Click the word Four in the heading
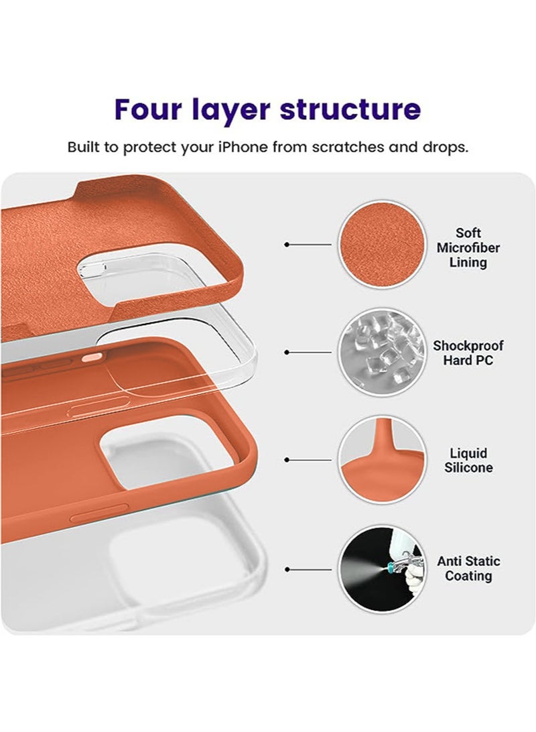[148, 109]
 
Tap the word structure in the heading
[350, 109]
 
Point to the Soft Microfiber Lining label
[468, 247]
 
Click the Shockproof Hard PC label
[468, 353]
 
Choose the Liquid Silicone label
[468, 461]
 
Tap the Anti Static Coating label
[468, 568]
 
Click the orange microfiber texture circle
[382, 244]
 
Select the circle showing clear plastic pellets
[382, 353]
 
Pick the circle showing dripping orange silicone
[382, 461]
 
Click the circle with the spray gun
[382, 570]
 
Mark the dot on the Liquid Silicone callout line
[287, 460]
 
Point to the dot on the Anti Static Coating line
[287, 570]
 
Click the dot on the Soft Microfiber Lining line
[287, 244]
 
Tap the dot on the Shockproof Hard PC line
[287, 353]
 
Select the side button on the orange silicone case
[99, 513]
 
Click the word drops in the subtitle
[445, 147]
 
